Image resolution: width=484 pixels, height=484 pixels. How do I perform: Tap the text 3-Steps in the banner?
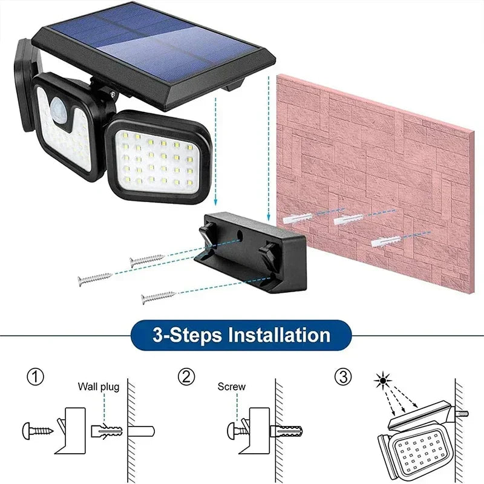click(180, 334)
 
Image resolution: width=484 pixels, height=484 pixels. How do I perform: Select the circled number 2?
click(186, 377)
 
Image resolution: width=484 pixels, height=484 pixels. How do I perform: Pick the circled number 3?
click(342, 377)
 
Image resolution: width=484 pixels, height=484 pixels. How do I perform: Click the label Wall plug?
click(98, 387)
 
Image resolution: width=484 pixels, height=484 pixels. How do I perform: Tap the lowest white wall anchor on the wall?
click(384, 242)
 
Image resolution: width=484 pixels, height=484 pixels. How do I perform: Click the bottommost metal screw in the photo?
click(157, 297)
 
